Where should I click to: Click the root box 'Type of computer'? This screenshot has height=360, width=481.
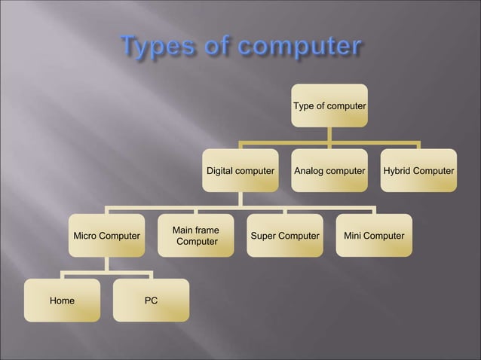tap(329, 106)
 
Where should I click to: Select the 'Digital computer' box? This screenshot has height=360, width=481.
tap(240, 171)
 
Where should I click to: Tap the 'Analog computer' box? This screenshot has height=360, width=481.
tap(329, 171)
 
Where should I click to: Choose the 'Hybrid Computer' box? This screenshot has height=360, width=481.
tap(418, 171)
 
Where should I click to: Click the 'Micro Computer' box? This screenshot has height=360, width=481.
tap(106, 236)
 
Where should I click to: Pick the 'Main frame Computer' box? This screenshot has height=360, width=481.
tap(196, 236)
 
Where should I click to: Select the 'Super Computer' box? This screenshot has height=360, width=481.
tap(285, 236)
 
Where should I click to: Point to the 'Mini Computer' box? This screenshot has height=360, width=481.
tap(374, 236)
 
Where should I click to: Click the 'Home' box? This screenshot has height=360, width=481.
tap(62, 301)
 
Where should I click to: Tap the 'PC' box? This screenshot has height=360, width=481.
tap(151, 301)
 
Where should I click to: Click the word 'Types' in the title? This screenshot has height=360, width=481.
tap(155, 47)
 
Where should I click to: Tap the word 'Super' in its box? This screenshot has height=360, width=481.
tap(263, 236)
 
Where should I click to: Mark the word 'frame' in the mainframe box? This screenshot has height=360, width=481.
tap(207, 230)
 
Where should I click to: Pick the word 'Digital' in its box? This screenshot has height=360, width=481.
tap(222, 171)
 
